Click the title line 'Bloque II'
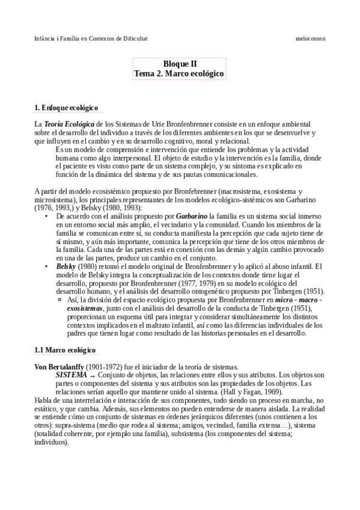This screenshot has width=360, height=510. [180, 63]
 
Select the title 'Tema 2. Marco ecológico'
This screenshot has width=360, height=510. [180, 73]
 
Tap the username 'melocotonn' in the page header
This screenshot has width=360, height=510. [310, 38]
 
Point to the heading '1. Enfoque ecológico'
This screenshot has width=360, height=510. [66, 108]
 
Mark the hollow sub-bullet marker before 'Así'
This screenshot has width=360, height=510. [58, 300]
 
